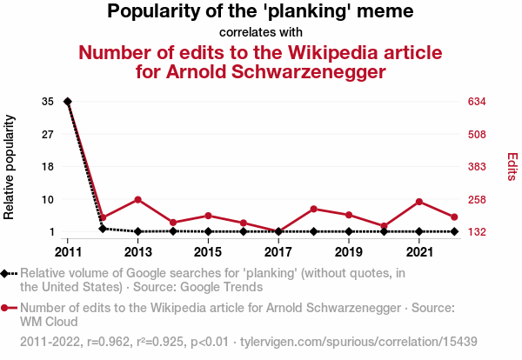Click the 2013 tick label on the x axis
tap(138, 252)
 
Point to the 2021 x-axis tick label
tap(419, 252)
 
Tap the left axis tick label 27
tap(48, 134)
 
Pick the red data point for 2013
tap(138, 200)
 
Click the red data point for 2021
tap(419, 202)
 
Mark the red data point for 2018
tap(314, 209)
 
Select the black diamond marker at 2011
tap(68, 102)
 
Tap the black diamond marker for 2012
tap(103, 229)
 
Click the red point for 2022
tap(454, 217)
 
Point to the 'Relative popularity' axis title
tap(10, 166)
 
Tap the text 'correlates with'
tap(261, 33)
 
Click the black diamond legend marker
tap(6, 274)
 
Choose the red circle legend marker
tap(6, 308)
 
